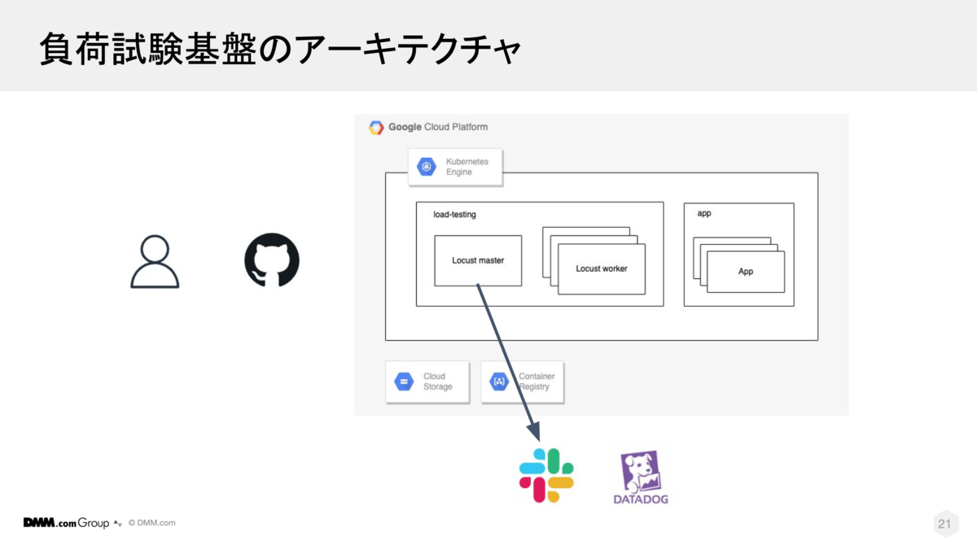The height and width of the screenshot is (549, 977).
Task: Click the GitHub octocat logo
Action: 272,260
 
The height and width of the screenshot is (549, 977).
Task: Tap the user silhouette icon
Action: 155,261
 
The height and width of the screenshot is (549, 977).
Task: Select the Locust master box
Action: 478,260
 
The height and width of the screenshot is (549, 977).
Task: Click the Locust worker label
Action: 602,269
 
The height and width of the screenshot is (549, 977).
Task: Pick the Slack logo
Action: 546,475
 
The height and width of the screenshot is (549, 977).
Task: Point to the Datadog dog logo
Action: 640,472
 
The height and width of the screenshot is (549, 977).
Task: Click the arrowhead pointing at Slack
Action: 535,431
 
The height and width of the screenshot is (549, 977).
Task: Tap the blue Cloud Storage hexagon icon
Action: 404,381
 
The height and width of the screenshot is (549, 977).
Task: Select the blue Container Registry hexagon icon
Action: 499,381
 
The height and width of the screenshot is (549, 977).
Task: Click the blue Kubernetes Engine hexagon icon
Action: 427,167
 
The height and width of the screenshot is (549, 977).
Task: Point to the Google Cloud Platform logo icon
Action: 376,127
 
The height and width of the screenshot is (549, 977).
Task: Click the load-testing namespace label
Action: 454,215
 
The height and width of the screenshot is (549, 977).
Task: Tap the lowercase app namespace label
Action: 704,213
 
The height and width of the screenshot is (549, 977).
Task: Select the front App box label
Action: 746,272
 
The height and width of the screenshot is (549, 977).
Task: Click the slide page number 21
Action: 944,523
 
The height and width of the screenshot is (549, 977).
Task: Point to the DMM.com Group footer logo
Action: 66,522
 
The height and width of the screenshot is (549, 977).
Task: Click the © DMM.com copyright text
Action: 151,523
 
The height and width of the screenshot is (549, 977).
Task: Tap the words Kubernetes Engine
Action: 467,167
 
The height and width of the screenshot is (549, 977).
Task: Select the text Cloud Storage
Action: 437,381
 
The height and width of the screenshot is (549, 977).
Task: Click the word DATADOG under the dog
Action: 641,499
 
